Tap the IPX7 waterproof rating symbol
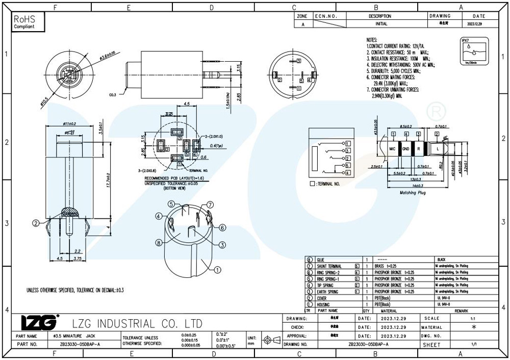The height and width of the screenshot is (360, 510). pyautogui.click(x=472, y=52)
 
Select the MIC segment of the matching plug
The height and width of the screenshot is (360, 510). pyautogui.click(x=392, y=148)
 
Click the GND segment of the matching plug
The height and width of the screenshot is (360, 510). pyautogui.click(x=405, y=148)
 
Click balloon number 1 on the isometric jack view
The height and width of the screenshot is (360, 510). pyautogui.click(x=217, y=270)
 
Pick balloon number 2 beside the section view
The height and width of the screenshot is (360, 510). pyautogui.click(x=36, y=223)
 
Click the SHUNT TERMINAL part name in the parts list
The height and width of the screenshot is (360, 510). pyautogui.click(x=329, y=266)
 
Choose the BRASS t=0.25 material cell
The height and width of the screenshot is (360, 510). pyautogui.click(x=387, y=266)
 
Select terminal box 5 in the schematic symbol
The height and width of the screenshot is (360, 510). pyautogui.click(x=347, y=166)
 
